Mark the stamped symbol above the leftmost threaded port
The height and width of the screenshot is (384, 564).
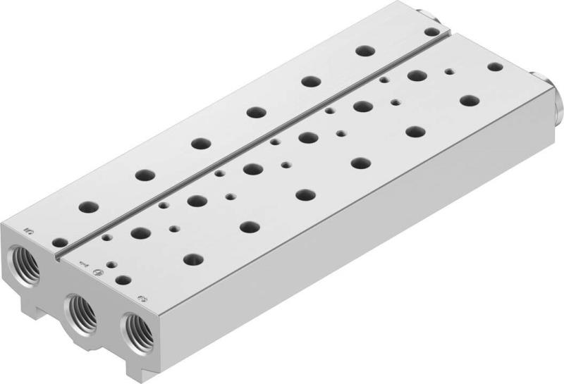(28, 228)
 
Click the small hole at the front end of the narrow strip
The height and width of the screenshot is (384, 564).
(59, 242)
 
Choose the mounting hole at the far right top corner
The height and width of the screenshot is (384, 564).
(495, 67)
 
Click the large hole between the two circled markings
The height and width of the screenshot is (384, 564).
(123, 280)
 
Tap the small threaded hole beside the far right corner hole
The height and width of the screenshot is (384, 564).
(448, 71)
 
